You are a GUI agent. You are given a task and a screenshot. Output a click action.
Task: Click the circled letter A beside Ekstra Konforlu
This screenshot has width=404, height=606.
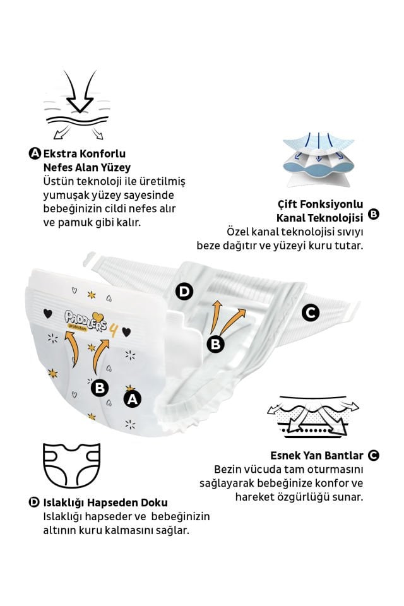point(35,153)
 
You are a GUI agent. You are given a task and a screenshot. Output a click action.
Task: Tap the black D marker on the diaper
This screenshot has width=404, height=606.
point(184,291)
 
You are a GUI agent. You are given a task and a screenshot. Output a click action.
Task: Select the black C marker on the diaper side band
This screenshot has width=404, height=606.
point(309,312)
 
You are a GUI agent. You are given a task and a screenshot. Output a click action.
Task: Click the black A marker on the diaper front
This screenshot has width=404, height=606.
point(132,399)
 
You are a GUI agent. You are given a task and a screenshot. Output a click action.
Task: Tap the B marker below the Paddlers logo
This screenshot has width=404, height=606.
point(99,388)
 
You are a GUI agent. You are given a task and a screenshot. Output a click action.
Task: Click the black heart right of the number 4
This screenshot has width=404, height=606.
point(126,331)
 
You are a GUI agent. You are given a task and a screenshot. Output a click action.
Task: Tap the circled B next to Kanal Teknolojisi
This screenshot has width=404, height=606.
point(374,215)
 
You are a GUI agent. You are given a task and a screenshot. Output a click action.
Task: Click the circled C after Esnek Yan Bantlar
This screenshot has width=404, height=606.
point(374,455)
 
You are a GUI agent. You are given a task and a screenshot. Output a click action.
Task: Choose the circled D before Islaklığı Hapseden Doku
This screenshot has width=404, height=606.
point(35,502)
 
